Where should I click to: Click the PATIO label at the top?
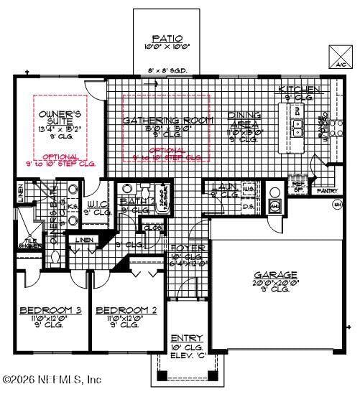pyautogui.click(x=167, y=38)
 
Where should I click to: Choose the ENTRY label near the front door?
pyautogui.click(x=187, y=338)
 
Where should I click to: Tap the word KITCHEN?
pyautogui.click(x=300, y=89)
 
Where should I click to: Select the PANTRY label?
pyautogui.click(x=328, y=191)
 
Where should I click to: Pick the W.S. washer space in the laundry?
pyautogui.click(x=249, y=190)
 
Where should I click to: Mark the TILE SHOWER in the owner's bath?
pyautogui.click(x=29, y=243)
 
